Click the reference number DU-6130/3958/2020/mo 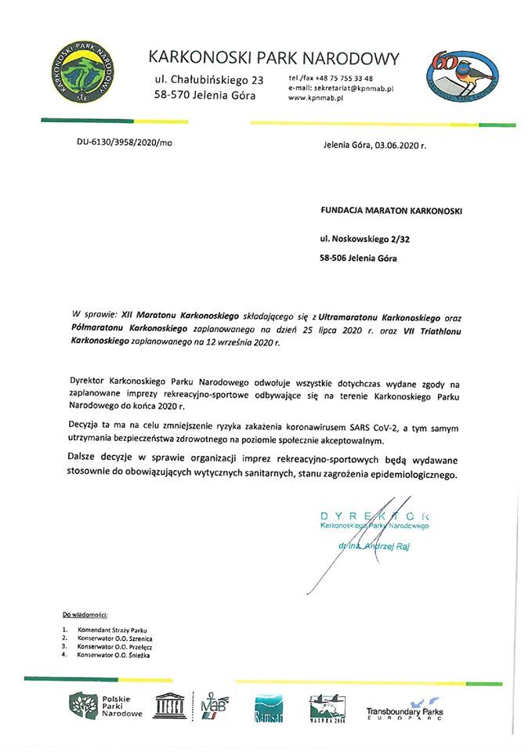pyautogui.click(x=123, y=143)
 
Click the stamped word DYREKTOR pyautogui.click(x=374, y=515)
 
